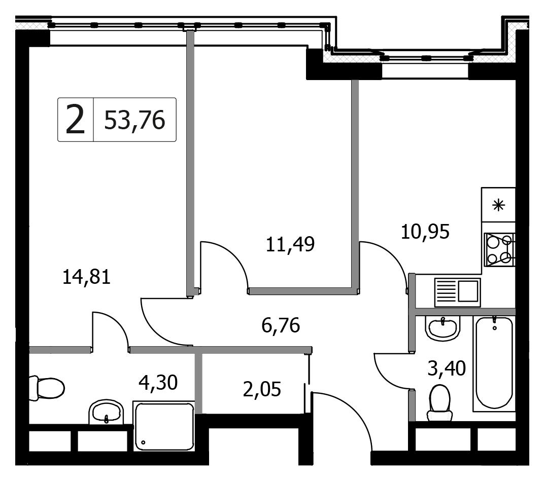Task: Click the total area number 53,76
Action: tap(134, 120)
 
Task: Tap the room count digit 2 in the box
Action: tap(75, 120)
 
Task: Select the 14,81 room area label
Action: tap(87, 277)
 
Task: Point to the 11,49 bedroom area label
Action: tap(290, 244)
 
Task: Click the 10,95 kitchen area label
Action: tap(425, 232)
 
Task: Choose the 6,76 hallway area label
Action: tap(281, 326)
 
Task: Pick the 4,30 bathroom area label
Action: tap(158, 383)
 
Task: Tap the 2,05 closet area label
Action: tap(262, 389)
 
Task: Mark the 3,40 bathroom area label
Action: tap(447, 369)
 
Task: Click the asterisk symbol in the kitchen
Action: tap(499, 206)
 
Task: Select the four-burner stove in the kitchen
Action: tap(499, 250)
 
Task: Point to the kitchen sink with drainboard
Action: tap(457, 292)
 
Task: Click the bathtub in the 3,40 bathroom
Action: tap(494, 364)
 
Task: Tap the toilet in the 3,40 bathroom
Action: tap(440, 403)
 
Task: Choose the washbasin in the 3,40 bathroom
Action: tap(443, 328)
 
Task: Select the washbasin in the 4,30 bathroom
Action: tap(107, 413)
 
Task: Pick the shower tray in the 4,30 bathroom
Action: tap(164, 426)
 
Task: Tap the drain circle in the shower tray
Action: tap(143, 442)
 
